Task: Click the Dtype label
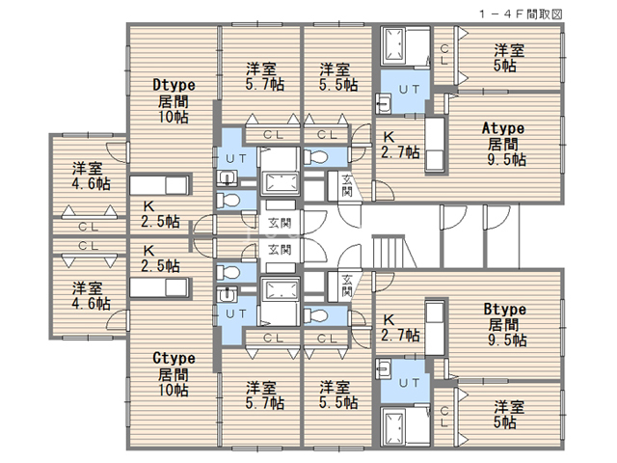[174, 85]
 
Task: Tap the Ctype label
[174, 358]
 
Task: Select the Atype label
[503, 128]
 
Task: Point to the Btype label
[504, 309]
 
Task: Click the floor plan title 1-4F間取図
[521, 14]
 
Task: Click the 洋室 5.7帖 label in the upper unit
[264, 76]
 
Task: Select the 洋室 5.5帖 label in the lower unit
[338, 395]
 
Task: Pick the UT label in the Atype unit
[409, 90]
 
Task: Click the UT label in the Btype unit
[409, 383]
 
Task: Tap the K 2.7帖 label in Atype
[400, 145]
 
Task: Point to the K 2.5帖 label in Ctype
[160, 259]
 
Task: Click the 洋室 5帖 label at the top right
[508, 58]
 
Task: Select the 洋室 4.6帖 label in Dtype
[91, 176]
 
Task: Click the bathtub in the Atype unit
[394, 45]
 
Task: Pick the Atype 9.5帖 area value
[506, 159]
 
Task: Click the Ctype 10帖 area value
[174, 390]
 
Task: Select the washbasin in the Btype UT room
[384, 368]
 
